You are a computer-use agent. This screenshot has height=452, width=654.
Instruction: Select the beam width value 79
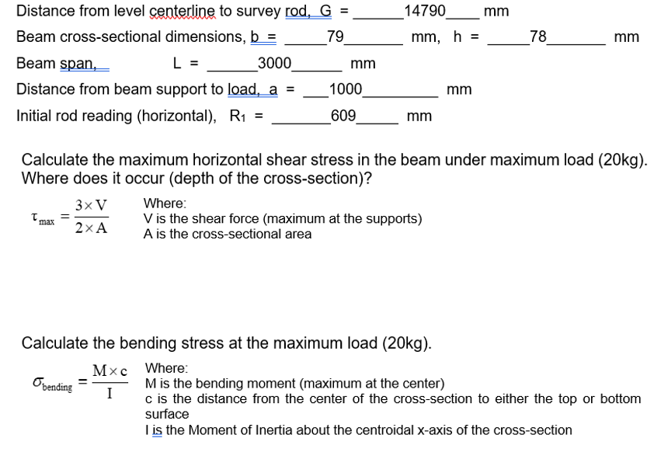click(x=335, y=37)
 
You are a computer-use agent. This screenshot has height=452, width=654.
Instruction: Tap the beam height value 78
click(x=537, y=37)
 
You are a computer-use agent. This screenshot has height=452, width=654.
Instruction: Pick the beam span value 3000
click(x=274, y=63)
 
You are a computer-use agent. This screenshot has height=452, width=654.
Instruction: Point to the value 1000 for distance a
click(x=345, y=89)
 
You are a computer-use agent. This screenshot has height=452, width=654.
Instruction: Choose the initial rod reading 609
click(x=343, y=116)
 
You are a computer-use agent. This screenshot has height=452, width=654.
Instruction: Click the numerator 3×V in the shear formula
click(x=92, y=207)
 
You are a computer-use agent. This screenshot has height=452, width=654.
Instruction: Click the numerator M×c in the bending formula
click(x=110, y=372)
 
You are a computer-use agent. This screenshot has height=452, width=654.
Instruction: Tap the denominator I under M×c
click(x=110, y=393)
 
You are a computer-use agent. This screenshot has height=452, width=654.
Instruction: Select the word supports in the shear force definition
click(x=394, y=219)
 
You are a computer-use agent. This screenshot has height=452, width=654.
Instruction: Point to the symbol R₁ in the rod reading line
click(x=237, y=116)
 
